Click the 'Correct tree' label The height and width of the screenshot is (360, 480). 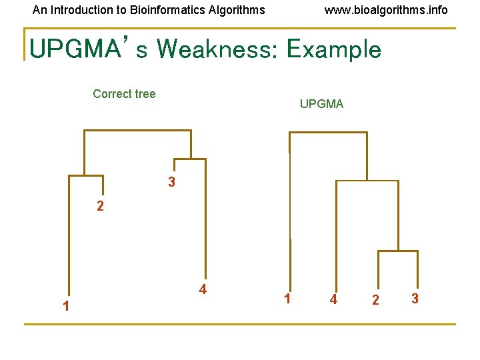[x=124, y=94]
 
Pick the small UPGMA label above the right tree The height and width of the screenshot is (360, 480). [x=321, y=104]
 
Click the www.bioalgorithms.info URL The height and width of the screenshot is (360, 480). [x=386, y=10]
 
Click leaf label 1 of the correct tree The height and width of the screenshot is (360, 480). [x=65, y=307]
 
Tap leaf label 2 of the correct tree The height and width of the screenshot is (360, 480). [x=100, y=207]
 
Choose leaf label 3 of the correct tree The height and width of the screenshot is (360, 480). [x=172, y=182]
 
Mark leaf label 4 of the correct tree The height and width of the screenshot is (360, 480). [x=203, y=289]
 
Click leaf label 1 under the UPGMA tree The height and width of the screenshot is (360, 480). [x=287, y=299]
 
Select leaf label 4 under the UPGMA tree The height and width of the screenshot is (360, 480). [x=333, y=300]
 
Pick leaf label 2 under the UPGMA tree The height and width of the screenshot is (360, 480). [x=375, y=301]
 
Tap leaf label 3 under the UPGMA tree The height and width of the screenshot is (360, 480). [x=415, y=299]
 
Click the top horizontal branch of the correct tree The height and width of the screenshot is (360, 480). [x=137, y=131]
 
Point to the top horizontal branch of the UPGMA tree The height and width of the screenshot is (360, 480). [x=328, y=133]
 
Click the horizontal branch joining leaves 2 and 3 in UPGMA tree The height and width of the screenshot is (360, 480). [x=398, y=251]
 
